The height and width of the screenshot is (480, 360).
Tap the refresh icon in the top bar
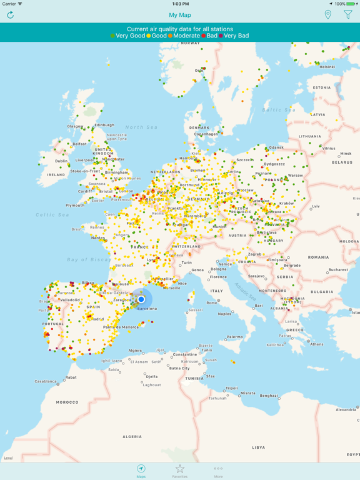point(11,15)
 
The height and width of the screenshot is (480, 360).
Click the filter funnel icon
point(348,15)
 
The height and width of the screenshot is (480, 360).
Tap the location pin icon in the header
point(327,15)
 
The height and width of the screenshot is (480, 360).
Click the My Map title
point(180,15)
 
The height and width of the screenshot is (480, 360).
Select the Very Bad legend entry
point(235,36)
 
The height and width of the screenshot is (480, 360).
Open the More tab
point(218,471)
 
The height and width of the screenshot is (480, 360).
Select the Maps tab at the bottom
point(141,471)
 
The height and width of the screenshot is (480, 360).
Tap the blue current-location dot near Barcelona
point(141,299)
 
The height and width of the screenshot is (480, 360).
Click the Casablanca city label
point(46,381)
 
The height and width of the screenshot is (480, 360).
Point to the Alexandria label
point(346,410)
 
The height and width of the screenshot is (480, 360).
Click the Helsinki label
point(327,67)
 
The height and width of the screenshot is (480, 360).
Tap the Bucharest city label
point(339,270)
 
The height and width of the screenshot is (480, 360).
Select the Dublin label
point(61,161)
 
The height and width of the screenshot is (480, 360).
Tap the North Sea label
point(141,127)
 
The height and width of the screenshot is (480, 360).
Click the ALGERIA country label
point(132,437)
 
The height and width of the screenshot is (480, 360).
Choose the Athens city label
point(317,344)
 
